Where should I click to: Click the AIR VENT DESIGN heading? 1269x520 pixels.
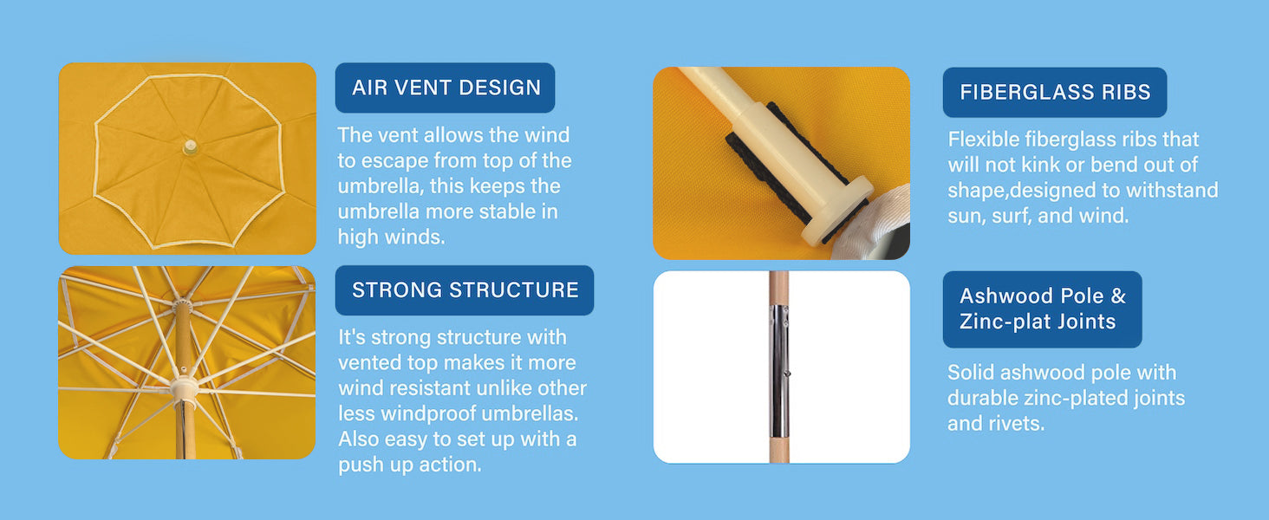[x=446, y=88]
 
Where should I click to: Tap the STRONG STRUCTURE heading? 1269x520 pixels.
[x=465, y=289]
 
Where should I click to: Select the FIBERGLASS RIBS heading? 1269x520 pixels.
[x=1055, y=93]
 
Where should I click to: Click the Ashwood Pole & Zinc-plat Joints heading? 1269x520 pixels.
[x=1042, y=309]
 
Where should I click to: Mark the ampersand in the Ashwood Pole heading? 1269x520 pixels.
[x=1117, y=296]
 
